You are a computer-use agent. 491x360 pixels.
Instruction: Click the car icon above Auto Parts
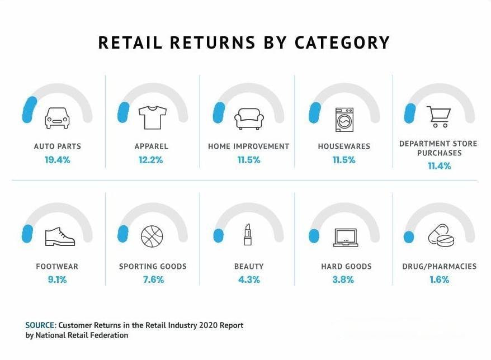[x=56, y=118]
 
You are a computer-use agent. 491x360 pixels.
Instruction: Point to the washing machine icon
[x=344, y=119]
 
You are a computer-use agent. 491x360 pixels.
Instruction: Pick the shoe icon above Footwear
[x=59, y=236]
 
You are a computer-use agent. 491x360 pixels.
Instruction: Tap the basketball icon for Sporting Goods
[x=152, y=236]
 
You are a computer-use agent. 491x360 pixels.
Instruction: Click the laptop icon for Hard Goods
[x=345, y=238]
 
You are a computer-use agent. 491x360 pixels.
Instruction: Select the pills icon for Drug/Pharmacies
[x=441, y=236]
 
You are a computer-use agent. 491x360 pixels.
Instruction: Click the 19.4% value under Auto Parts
[x=57, y=160]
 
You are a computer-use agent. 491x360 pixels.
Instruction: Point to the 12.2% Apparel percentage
[x=151, y=160]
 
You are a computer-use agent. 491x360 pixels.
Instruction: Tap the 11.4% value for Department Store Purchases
[x=438, y=166]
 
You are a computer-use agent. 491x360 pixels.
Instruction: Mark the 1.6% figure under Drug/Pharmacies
[x=439, y=280]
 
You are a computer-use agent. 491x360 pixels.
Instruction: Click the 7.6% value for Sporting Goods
[x=153, y=280]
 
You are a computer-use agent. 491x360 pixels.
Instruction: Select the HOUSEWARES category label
[x=344, y=146]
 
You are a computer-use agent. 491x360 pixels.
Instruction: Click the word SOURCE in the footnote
[x=40, y=325]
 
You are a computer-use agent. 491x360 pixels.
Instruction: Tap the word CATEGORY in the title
[x=342, y=43]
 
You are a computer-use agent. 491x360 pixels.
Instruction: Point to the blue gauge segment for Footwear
[x=26, y=232]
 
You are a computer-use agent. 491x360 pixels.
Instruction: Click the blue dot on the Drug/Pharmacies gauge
[x=409, y=236]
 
